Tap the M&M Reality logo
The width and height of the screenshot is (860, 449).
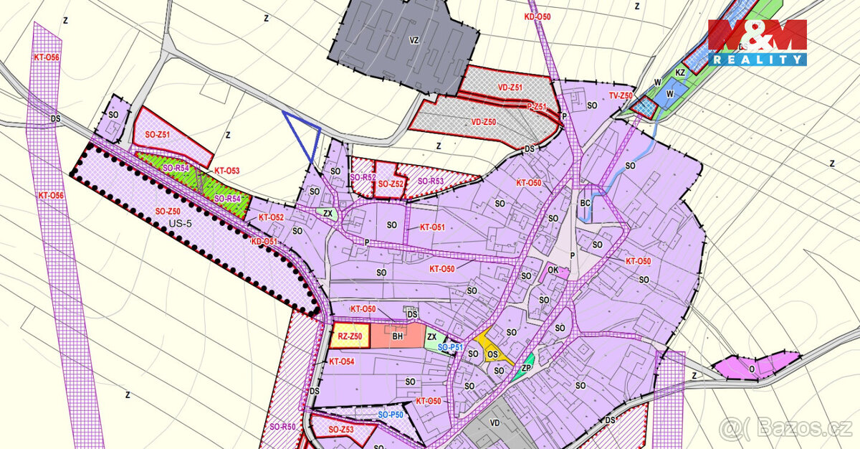pyautogui.click(x=758, y=43)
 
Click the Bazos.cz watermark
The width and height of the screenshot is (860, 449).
pyautogui.click(x=786, y=429)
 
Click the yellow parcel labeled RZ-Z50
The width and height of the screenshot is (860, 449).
pyautogui.click(x=349, y=336)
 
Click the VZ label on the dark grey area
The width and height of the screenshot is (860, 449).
pyautogui.click(x=414, y=41)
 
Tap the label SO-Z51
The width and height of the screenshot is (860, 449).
pyautogui.click(x=158, y=134)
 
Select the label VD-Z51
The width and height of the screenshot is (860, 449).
pyautogui.click(x=510, y=87)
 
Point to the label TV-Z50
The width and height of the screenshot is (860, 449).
pyautogui.click(x=621, y=95)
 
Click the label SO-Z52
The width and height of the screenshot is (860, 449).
pyautogui.click(x=391, y=184)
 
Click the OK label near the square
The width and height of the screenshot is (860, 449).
pyautogui.click(x=553, y=270)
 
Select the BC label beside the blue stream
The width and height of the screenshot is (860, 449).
pyautogui.click(x=585, y=204)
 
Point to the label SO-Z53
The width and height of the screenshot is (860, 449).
pyautogui.click(x=342, y=430)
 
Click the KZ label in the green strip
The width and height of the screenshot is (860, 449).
pyautogui.click(x=681, y=72)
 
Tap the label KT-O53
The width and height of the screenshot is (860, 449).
pyautogui.click(x=227, y=171)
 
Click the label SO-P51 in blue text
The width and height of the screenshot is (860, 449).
pyautogui.click(x=451, y=347)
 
